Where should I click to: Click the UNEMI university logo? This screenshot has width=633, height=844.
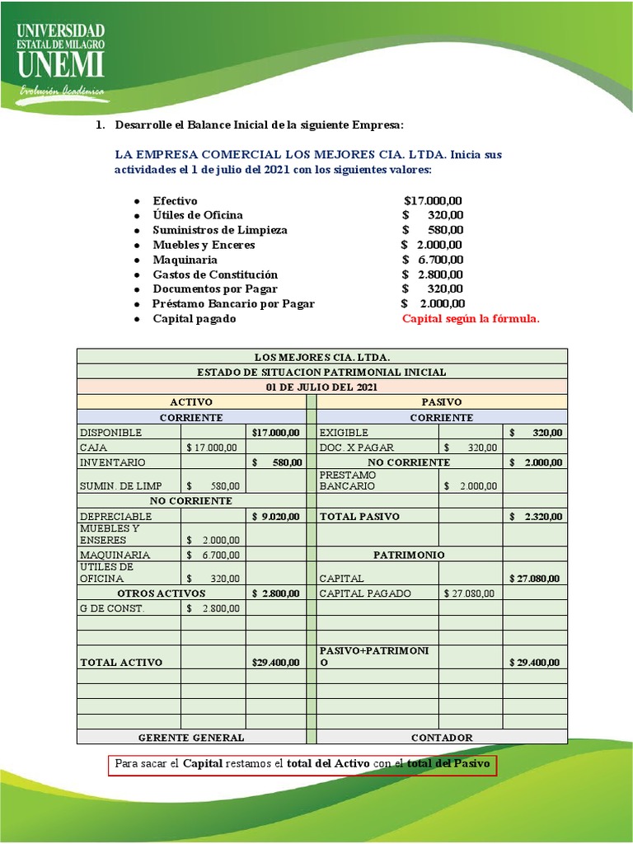tap(61, 58)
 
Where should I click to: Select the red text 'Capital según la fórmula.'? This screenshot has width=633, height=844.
tap(471, 319)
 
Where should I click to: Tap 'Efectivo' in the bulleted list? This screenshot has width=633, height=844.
tap(175, 200)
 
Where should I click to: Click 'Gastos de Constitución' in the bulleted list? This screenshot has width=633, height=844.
tap(215, 274)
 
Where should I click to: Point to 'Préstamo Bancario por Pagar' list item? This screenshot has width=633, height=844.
tap(233, 304)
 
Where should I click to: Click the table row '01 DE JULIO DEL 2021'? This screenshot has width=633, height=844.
tap(321, 387)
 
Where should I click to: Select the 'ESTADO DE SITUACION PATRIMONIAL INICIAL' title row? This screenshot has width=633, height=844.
tap(321, 372)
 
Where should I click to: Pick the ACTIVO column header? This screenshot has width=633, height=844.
tap(191, 401)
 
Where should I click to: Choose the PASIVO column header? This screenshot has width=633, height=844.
tap(442, 401)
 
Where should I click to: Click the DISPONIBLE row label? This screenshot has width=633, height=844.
tap(111, 433)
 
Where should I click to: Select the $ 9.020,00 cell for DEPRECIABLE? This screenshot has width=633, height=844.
tap(275, 517)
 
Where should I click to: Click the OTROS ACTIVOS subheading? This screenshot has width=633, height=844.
tap(161, 593)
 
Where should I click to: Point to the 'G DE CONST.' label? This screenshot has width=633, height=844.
tap(112, 608)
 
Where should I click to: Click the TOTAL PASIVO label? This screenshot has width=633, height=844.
tap(359, 517)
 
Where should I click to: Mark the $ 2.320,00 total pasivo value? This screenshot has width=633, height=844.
tap(535, 517)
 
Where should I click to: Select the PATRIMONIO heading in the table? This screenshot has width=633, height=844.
tap(409, 556)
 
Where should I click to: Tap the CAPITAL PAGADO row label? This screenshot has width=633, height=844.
tap(365, 593)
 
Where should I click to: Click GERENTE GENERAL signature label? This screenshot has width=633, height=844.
tap(191, 738)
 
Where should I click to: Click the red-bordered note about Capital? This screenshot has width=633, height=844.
tap(302, 764)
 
